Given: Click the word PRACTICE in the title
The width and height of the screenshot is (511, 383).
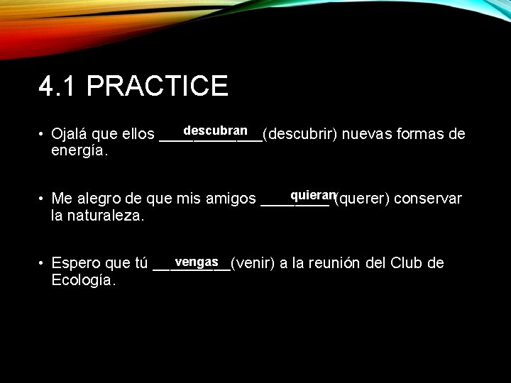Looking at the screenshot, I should coord(158,87).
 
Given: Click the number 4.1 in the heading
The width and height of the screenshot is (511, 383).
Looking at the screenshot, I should coord(60,87).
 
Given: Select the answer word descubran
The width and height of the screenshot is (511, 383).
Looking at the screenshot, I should coord(215,131).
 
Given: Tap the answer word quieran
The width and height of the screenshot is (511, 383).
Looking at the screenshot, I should coord(312,195).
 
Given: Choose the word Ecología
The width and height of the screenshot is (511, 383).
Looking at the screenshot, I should coord(84,281).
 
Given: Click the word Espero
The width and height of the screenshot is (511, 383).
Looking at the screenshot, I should coord(76,265).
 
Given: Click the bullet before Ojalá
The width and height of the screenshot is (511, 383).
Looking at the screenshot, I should coord(43,135).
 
